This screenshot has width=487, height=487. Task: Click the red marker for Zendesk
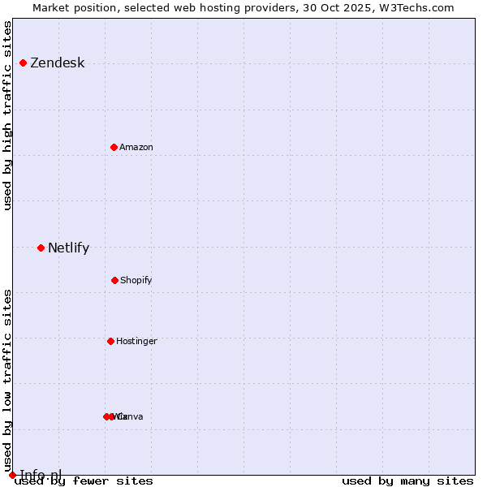click(23, 62)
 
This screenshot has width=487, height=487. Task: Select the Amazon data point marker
click(114, 147)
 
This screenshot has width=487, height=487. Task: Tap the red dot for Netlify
click(41, 248)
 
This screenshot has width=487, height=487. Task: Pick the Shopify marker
click(114, 280)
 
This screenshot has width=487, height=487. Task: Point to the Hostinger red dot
click(110, 341)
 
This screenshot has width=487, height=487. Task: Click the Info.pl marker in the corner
click(12, 475)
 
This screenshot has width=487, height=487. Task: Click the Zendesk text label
click(57, 63)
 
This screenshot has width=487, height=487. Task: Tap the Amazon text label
click(136, 148)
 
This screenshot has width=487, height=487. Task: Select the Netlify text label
click(68, 248)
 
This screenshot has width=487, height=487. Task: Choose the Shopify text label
click(136, 281)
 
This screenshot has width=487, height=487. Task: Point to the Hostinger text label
click(136, 342)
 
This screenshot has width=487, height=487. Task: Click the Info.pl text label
click(41, 475)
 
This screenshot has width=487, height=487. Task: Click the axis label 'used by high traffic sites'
click(8, 115)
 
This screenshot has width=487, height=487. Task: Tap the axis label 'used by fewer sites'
click(84, 481)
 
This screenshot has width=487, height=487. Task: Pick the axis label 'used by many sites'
click(407, 481)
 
